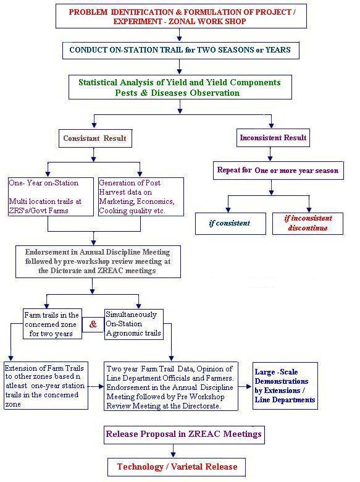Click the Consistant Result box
95,138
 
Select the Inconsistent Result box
273,138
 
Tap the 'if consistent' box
230,224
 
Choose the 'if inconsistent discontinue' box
308,224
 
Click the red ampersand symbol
93,324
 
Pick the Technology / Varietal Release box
177,467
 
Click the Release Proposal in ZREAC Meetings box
184,434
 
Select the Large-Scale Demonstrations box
285,386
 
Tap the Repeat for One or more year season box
278,171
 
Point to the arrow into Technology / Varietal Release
174,451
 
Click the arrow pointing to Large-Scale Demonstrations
245,386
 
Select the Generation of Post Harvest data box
141,197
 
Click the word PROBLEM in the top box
88,12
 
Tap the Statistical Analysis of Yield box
180,87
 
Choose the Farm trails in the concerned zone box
52,324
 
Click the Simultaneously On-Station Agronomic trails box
133,324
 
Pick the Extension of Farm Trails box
46,386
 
